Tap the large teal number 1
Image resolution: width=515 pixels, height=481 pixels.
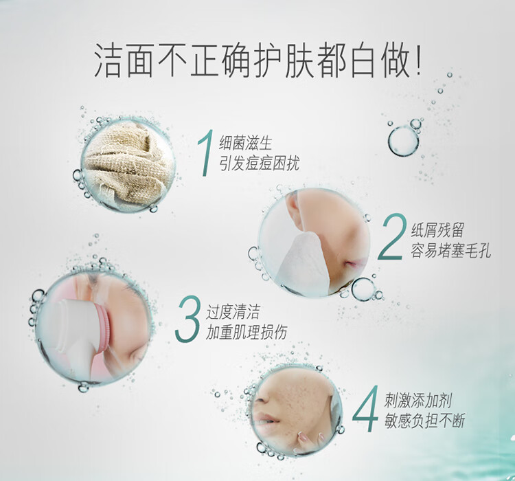tap(205, 153)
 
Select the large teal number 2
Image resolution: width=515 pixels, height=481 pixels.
tap(391, 236)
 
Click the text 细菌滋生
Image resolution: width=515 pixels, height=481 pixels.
tap(246, 144)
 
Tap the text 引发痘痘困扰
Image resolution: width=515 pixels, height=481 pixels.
tap(260, 163)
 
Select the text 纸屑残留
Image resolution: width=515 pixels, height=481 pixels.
tap(437, 230)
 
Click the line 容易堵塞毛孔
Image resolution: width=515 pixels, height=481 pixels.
tap(450, 250)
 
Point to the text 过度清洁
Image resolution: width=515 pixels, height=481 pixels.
tap(233, 312)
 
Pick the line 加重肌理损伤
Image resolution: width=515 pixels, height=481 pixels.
tap(247, 332)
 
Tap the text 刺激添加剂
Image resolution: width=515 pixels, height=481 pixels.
tap(418, 401)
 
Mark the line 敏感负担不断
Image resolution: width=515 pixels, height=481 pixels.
tap(425, 421)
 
